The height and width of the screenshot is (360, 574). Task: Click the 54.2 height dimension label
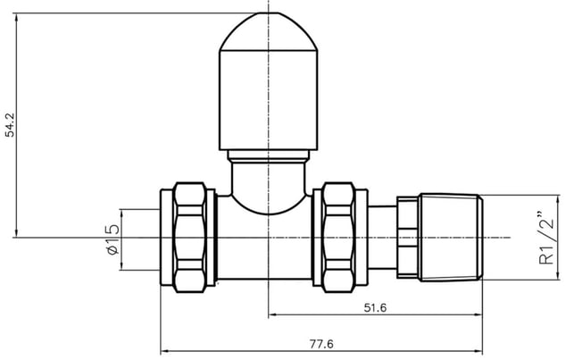(10, 125)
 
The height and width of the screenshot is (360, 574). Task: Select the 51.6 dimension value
(375, 307)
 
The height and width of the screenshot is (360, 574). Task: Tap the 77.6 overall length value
(321, 344)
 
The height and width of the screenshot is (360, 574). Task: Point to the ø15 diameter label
(112, 239)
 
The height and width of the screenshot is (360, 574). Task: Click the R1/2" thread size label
(547, 238)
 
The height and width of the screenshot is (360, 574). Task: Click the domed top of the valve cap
(269, 31)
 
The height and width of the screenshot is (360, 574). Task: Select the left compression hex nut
(189, 238)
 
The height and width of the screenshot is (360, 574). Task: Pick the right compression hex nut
(339, 238)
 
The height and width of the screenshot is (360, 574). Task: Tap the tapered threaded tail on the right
(451, 238)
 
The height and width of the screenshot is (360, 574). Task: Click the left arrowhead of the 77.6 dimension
(165, 351)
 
